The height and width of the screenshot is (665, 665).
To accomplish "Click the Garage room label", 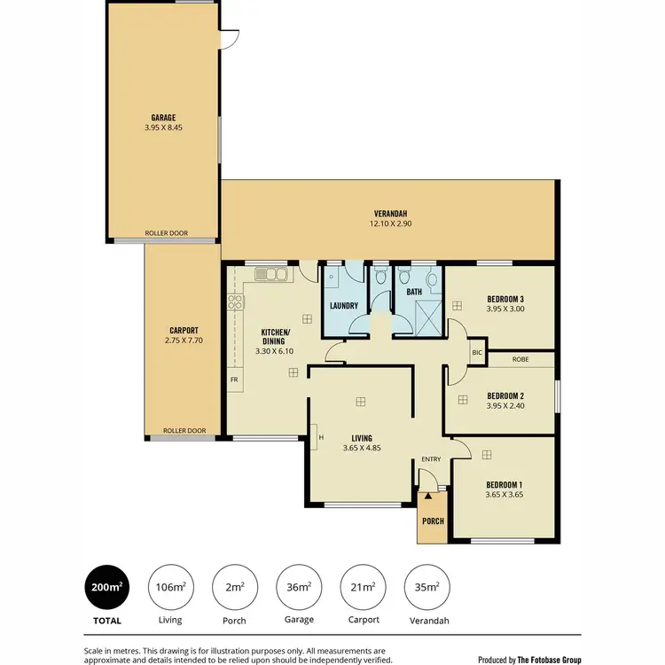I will pos(162,116).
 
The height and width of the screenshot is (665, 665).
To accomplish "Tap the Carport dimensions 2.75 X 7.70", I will pos(184,340).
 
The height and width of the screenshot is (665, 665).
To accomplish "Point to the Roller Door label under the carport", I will pos(184,431).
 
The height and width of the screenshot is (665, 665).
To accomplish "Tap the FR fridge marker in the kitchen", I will pos(235,379).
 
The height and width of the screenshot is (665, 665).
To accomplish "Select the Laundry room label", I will pos(343,307).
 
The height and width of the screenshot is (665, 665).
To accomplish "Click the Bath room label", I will pos(414,291).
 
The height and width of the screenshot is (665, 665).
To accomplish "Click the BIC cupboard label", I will pos(476,352).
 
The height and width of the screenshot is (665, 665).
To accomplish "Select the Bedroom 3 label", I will pos(505,298).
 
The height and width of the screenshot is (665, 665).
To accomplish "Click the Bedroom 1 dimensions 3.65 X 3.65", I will pos(505,495).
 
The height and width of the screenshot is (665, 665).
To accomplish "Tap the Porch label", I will pos(434,521).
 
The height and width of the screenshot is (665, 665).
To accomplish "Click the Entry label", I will pos(431,458).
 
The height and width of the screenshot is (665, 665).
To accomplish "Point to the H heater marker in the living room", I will pos(320,435).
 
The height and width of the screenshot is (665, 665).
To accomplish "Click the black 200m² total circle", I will pos(106,586).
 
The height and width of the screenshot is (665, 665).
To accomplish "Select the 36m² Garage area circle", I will pos(299,586).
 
